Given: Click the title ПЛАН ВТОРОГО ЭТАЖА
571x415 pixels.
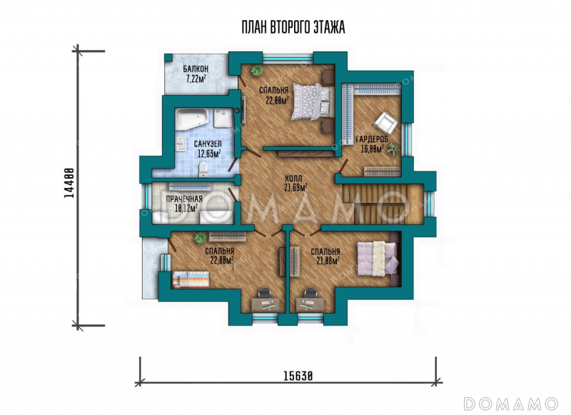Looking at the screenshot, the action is (x=293, y=27).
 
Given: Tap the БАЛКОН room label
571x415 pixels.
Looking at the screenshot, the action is (x=196, y=69).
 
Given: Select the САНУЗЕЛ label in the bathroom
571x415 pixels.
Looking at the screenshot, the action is (x=208, y=144).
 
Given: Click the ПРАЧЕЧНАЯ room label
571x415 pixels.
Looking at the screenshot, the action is (x=184, y=199).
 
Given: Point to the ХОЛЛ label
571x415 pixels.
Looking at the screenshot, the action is (x=293, y=179).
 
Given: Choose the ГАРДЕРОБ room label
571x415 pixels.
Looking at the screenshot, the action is (x=372, y=139).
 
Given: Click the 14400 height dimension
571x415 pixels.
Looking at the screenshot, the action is (x=69, y=183).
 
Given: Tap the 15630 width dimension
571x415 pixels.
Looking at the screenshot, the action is (x=298, y=376).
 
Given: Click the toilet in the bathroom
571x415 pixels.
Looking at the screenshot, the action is (x=203, y=169).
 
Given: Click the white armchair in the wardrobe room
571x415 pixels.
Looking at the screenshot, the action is (x=385, y=123).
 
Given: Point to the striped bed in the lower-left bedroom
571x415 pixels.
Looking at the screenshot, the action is (x=191, y=279).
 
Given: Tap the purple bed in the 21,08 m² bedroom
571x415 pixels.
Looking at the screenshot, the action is (x=378, y=259).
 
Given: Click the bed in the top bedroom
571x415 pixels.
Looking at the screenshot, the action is (x=313, y=101).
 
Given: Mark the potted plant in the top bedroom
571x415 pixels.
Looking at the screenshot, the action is (x=257, y=70).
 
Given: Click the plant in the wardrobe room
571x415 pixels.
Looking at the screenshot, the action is (x=393, y=149).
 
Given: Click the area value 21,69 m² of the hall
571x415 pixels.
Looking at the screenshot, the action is (x=295, y=188).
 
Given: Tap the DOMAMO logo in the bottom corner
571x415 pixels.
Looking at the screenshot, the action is (x=510, y=404).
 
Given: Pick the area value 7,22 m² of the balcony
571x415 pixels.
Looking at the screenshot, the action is (x=196, y=78).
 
